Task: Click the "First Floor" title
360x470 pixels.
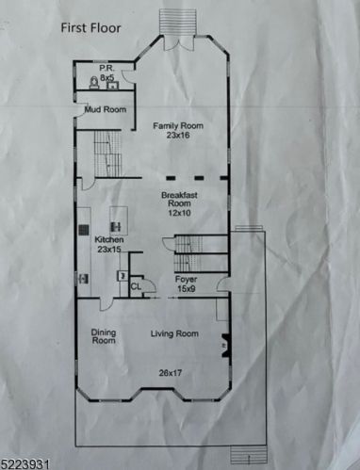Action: tap(90, 28)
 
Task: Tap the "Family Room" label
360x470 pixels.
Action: tap(178, 126)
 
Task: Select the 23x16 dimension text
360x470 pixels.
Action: tap(178, 136)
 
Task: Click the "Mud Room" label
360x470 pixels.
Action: tap(106, 109)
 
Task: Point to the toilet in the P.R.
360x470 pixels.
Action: tap(94, 83)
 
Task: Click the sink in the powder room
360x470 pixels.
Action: tap(112, 86)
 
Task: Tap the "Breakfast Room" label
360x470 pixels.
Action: tap(179, 199)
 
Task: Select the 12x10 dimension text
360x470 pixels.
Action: tap(179, 213)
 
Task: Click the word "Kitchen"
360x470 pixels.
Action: tap(109, 240)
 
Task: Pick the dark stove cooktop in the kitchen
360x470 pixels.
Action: tap(84, 230)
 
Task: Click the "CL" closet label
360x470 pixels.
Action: tap(136, 286)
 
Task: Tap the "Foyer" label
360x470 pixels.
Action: tap(187, 279)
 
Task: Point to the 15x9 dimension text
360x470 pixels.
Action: tap(187, 288)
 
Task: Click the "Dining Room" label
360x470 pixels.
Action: tap(104, 336)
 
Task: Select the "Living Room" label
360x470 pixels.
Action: tap(174, 333)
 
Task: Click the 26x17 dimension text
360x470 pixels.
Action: tap(171, 373)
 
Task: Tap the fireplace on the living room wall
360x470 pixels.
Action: tap(225, 346)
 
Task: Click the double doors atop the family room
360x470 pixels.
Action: tap(178, 43)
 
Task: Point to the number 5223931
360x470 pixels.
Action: tap(25, 464)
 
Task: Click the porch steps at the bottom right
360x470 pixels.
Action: tap(249, 455)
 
